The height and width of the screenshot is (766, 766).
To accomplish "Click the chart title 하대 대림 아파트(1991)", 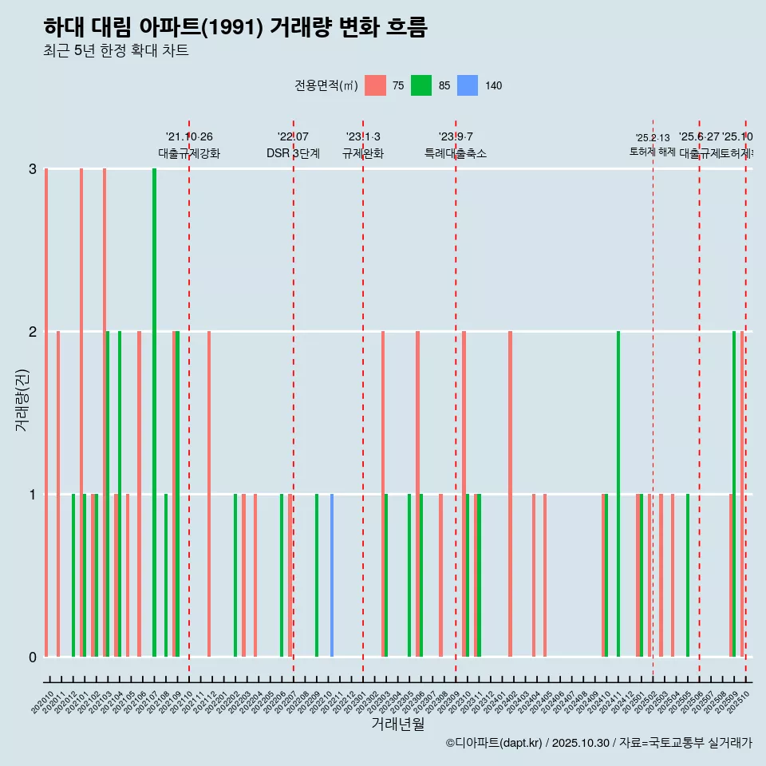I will (235, 27).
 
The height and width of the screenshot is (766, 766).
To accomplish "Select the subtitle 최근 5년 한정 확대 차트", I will (116, 51).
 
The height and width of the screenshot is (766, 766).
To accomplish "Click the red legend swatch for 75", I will (375, 85).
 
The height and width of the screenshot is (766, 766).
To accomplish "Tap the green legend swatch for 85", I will (421, 85).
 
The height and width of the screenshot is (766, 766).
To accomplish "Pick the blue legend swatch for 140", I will (468, 85).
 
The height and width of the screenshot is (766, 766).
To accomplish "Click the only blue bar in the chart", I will (332, 574).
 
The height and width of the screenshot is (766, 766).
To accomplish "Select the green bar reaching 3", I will (154, 412).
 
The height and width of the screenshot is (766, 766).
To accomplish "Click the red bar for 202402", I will (510, 493).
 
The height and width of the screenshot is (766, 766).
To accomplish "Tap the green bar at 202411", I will (618, 493).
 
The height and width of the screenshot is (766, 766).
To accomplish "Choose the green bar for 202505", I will (688, 574).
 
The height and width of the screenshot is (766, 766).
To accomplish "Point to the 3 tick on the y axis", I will (33, 169).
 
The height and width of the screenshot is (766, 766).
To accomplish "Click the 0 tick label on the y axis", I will (33, 657).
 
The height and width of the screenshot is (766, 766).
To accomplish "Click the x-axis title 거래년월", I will (397, 724).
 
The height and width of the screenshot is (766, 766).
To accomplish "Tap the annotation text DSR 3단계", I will (293, 153).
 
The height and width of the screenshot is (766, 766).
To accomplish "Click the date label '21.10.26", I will (189, 137).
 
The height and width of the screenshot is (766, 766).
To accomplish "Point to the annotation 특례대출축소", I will (455, 153).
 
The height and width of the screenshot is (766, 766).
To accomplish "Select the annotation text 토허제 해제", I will (652, 151).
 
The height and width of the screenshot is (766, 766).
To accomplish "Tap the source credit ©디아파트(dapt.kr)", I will (494, 743).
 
